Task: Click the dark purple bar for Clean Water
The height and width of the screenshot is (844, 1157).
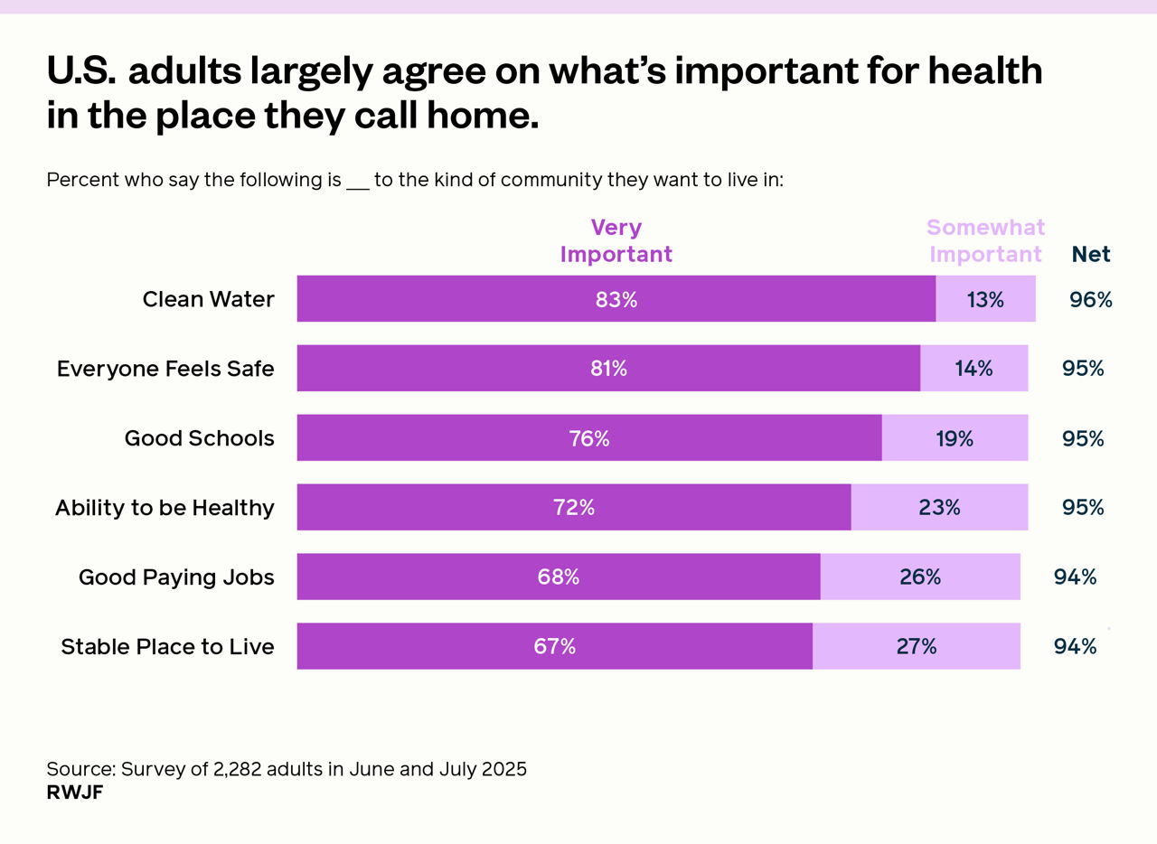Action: [x=616, y=299]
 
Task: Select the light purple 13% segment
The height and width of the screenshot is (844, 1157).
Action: [x=985, y=299]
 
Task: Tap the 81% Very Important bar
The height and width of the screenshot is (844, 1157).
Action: [x=607, y=369]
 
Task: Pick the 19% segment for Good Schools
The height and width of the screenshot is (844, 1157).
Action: [x=955, y=438]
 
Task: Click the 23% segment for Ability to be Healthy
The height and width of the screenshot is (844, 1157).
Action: [x=939, y=508]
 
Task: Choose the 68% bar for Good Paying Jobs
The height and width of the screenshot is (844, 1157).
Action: [x=558, y=577]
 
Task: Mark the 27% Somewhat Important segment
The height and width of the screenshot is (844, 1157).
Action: [x=916, y=646]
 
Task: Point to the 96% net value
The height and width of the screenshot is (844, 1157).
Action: [x=1090, y=299]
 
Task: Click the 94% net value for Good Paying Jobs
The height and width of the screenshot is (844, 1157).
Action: [x=1075, y=577]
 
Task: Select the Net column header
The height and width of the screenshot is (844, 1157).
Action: [x=1091, y=254]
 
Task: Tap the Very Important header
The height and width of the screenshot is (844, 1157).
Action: [x=616, y=240]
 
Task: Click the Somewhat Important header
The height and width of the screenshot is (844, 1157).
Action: [x=985, y=240]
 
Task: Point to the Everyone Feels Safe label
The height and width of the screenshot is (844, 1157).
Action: [x=165, y=369]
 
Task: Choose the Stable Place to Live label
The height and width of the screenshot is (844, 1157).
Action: [x=167, y=646]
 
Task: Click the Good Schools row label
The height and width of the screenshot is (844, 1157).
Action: [x=199, y=438]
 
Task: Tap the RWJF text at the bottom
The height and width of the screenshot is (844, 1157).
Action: [x=74, y=792]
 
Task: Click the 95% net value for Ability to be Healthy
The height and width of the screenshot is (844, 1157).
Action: [x=1083, y=508]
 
